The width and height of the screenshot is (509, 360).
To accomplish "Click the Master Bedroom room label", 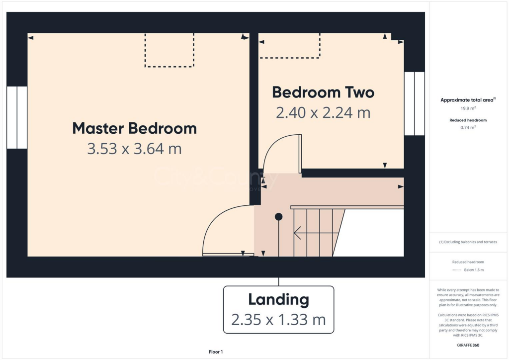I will click(x=134, y=128).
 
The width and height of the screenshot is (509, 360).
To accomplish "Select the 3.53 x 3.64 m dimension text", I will click(x=134, y=148).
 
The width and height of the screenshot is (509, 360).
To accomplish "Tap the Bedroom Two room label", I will click(x=323, y=92).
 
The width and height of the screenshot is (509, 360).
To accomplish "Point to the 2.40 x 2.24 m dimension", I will click(x=323, y=113).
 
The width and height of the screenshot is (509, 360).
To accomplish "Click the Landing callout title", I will click(x=278, y=300).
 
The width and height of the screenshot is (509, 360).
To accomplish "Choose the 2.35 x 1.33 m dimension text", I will click(x=278, y=319).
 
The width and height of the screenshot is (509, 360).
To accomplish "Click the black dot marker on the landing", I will click(x=279, y=216).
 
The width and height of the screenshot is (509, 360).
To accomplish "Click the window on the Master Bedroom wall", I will click(x=17, y=117).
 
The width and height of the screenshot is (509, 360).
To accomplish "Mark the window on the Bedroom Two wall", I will click(x=414, y=103).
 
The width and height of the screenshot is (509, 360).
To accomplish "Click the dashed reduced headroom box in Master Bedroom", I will click(x=169, y=50).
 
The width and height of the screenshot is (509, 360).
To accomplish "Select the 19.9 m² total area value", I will click(x=468, y=108).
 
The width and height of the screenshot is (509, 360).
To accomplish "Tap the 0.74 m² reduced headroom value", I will click(x=468, y=127).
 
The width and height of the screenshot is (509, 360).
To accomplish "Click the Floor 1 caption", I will click(x=216, y=352).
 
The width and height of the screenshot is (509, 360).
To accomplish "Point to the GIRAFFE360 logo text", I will click(x=468, y=345).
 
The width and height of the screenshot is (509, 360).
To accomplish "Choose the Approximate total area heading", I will click(x=468, y=100).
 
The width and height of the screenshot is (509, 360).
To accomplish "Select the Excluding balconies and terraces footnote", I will click(x=468, y=242).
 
